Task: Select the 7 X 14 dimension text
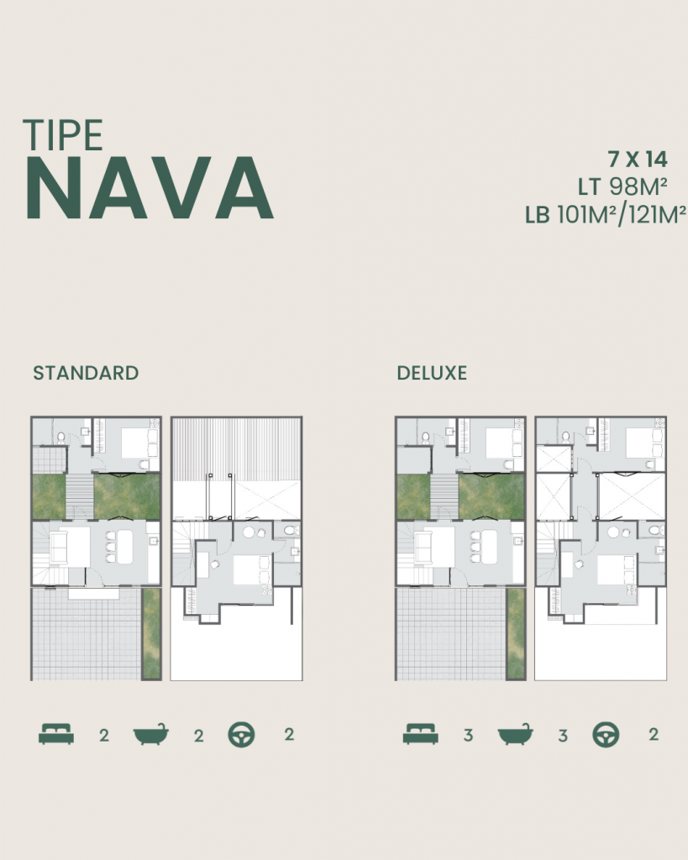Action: (x=637, y=159)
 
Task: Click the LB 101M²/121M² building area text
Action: (x=606, y=215)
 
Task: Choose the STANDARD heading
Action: (x=86, y=373)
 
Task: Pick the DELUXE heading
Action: (x=432, y=373)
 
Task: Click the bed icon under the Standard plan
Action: (x=56, y=735)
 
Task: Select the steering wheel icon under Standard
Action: (x=242, y=735)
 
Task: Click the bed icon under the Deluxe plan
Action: (x=420, y=735)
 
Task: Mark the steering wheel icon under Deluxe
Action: (x=606, y=735)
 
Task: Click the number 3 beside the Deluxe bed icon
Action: (x=468, y=736)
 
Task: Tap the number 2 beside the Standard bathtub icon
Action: (x=199, y=736)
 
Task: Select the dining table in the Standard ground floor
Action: (x=124, y=548)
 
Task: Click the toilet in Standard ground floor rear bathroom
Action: (x=60, y=438)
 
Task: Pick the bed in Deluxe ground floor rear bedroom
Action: (x=499, y=443)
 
